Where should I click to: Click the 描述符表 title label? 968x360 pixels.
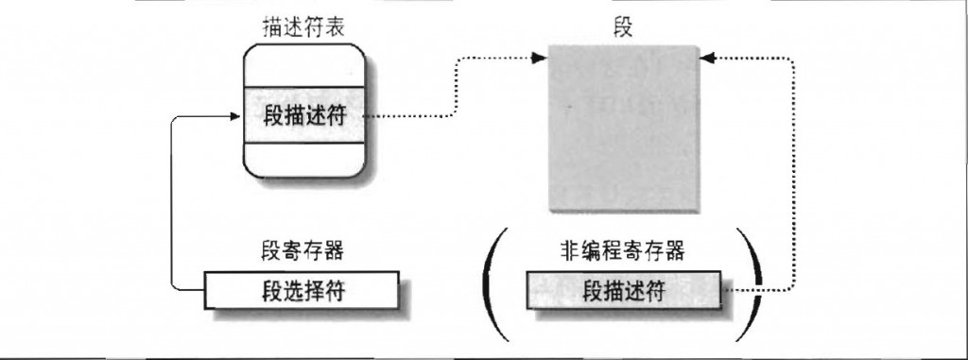[x=303, y=29]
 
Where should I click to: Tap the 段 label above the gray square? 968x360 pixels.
[x=624, y=28]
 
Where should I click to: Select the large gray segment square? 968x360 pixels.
[x=624, y=129]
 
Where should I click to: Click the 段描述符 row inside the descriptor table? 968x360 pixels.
[x=303, y=115]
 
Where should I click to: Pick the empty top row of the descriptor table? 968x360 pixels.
[x=303, y=67]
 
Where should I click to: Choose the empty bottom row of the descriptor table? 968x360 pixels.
[x=303, y=160]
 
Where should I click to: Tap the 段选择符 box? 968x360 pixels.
[x=302, y=289]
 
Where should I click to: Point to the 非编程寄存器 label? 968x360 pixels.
[x=622, y=251]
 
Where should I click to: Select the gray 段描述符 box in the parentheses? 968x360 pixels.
[x=624, y=289]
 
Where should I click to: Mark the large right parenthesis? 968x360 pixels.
[x=751, y=284]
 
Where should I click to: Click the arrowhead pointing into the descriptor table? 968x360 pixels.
[x=234, y=115]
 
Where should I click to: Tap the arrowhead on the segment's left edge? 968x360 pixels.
[x=540, y=58]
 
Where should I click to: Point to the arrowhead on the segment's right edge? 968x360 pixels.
[x=708, y=58]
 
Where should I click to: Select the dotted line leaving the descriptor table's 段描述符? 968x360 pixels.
[x=456, y=86]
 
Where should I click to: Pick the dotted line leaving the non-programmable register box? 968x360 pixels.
[x=793, y=174]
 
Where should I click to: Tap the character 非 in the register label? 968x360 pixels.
[x=569, y=251]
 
